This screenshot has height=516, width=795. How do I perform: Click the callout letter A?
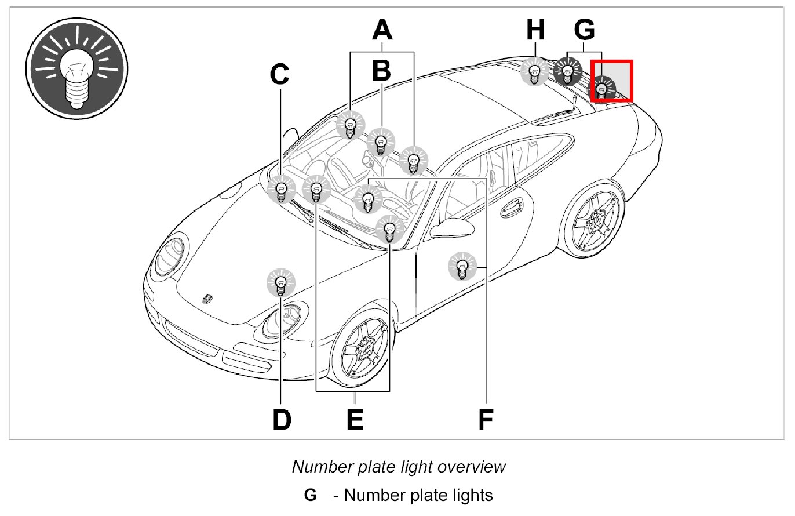click(382, 31)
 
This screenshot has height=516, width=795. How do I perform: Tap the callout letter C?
click(280, 74)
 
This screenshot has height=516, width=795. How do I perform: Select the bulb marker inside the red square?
click(603, 88)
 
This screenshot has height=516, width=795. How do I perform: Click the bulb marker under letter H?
click(535, 72)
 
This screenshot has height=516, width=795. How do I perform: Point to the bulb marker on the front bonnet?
click(280, 284)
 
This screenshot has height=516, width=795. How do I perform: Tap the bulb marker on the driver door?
click(462, 267)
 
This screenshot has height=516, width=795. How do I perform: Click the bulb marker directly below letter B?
click(381, 141)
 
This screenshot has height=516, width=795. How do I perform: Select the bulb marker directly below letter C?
click(281, 189)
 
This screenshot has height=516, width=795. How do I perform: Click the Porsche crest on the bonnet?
click(206, 298)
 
